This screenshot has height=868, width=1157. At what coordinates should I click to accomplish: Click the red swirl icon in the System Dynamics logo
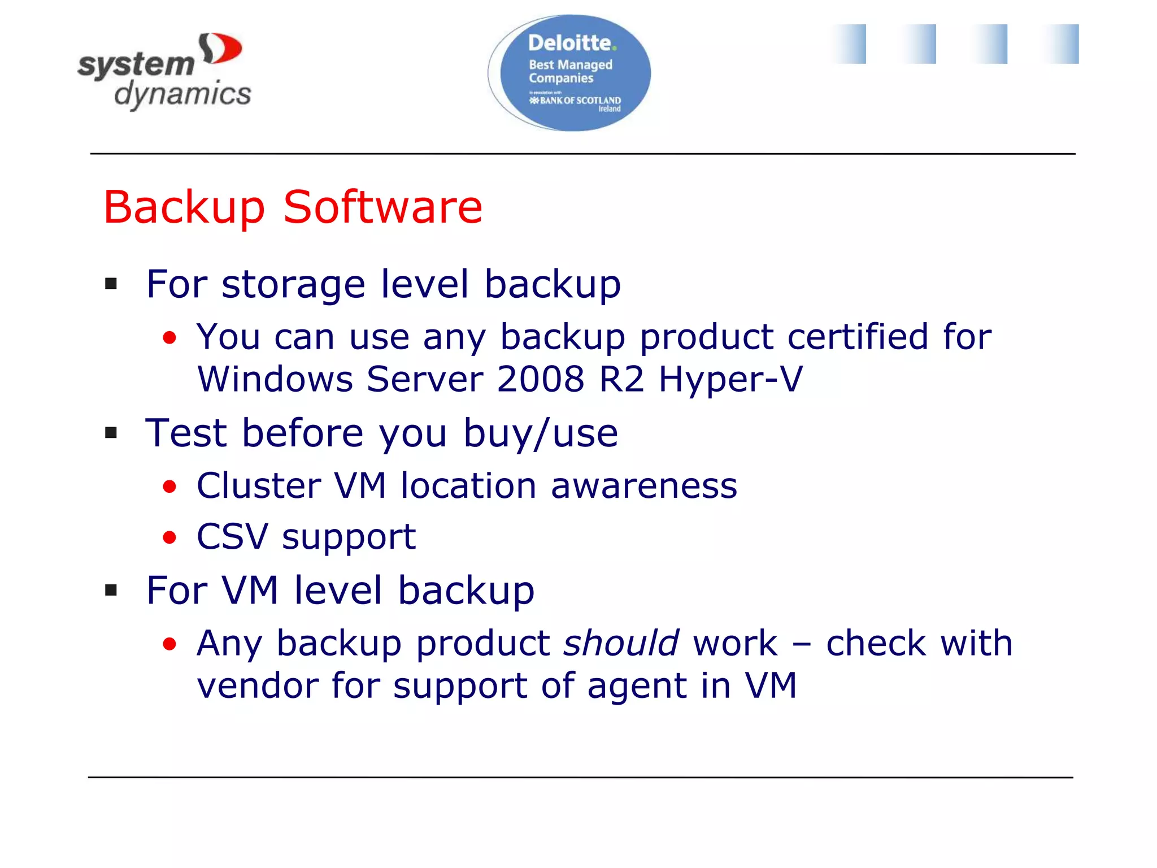221,49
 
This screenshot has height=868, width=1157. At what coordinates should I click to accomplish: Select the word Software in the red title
382,207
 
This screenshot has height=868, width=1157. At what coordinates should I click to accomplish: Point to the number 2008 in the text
541,379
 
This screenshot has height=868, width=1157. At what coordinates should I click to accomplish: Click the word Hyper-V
730,379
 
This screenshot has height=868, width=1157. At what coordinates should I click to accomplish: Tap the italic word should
621,643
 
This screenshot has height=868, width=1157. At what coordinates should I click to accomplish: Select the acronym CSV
232,536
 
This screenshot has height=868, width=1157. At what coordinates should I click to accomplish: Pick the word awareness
644,486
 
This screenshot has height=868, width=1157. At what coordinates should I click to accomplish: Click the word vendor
257,685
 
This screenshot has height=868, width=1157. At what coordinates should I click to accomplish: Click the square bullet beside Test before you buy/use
111,433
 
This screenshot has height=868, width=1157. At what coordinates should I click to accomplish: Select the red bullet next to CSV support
169,537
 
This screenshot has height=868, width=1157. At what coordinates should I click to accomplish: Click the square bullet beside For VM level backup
111,591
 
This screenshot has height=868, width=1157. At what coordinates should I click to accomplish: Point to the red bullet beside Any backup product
169,644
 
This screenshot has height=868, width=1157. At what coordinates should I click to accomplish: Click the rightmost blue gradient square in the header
1062,44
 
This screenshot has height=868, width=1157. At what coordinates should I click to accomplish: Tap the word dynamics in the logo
182,94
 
